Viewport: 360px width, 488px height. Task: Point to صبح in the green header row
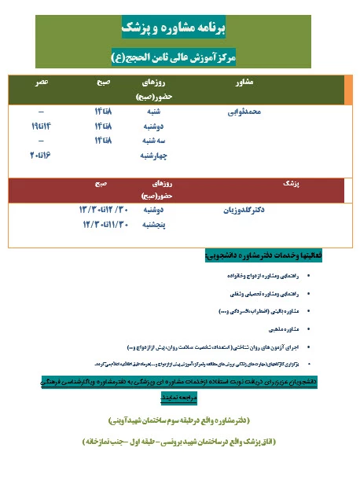103,82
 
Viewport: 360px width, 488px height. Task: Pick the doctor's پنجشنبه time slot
101,224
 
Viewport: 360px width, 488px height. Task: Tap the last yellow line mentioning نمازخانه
180,442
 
